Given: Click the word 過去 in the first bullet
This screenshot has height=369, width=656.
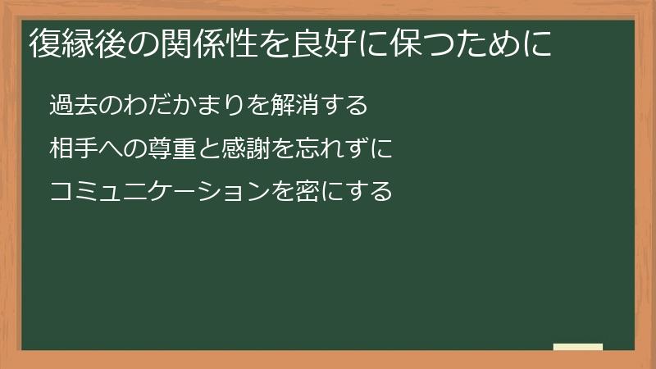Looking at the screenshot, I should click(x=73, y=107).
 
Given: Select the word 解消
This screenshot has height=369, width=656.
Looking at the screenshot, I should click(x=303, y=107).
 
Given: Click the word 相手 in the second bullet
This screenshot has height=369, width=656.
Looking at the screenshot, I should click(x=73, y=150).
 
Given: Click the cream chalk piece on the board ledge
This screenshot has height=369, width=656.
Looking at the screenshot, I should click(x=578, y=347).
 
